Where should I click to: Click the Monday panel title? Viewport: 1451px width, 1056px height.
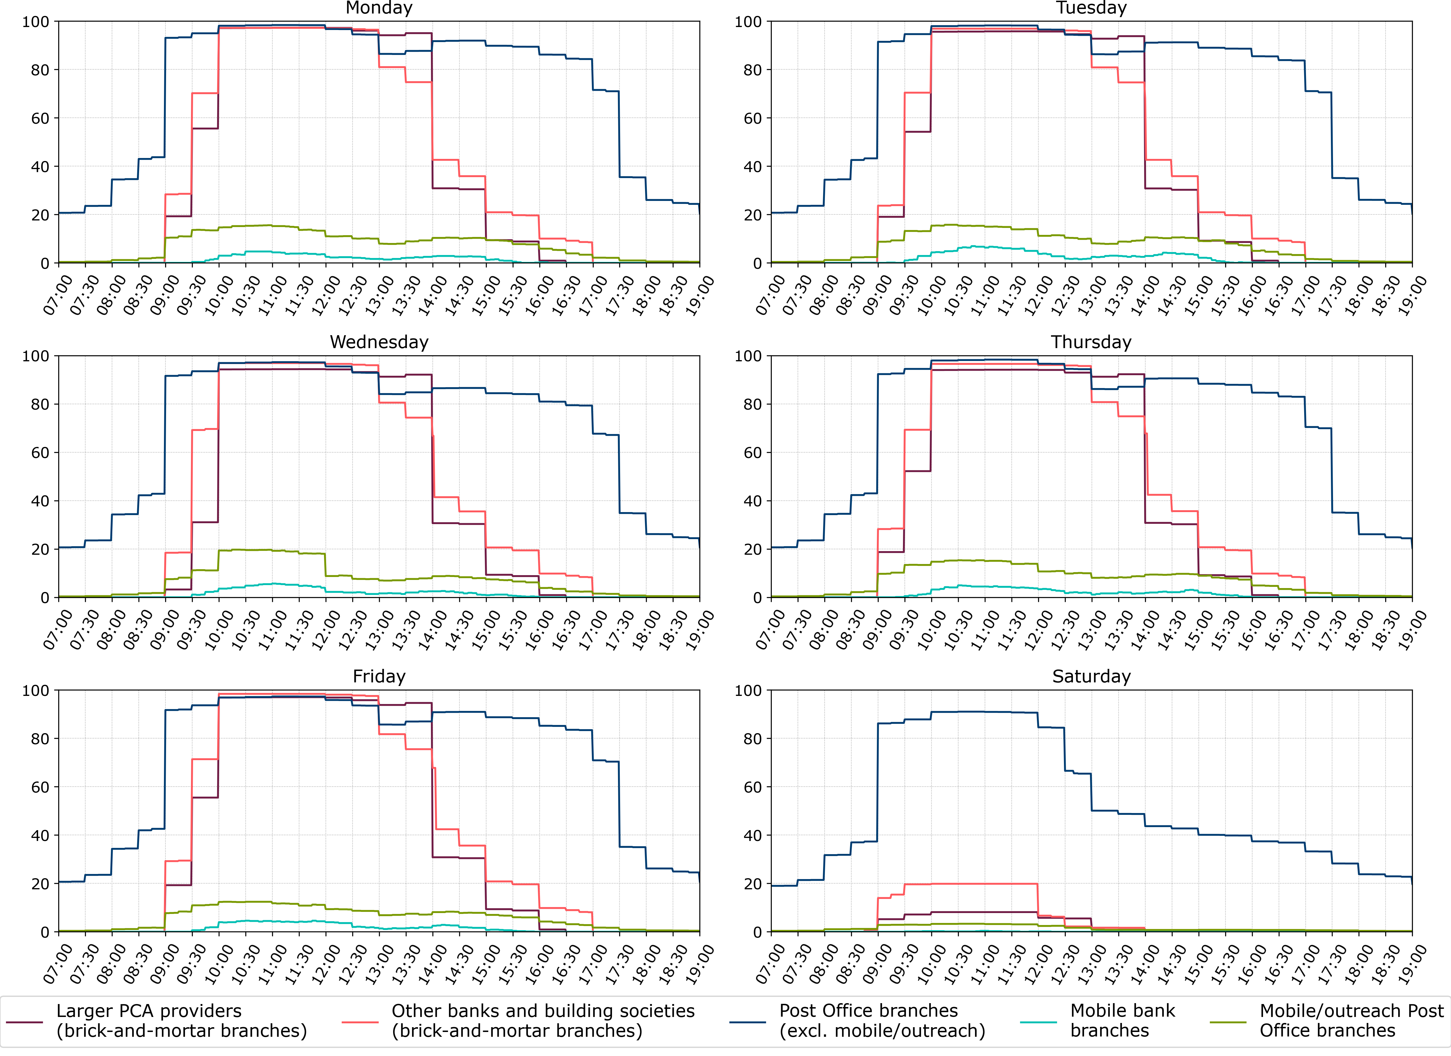tap(379, 8)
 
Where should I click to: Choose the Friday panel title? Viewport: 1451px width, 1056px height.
tap(379, 676)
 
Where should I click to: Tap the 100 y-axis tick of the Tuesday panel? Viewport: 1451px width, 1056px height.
tap(748, 22)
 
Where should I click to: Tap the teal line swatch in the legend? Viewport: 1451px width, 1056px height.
tap(1038, 1022)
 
